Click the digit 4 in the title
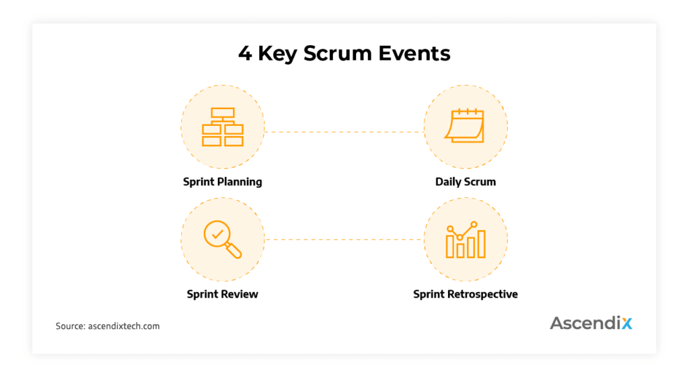click(245, 54)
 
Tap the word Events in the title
click(413, 54)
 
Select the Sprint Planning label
click(222, 182)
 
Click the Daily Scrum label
click(465, 182)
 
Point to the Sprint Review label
click(222, 294)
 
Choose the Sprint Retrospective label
click(465, 294)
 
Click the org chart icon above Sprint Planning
click(222, 127)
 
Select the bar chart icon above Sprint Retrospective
click(465, 240)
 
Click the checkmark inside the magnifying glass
click(217, 234)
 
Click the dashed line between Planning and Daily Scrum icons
click(343, 132)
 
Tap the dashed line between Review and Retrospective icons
click(343, 240)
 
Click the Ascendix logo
click(591, 323)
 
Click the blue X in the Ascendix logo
click(626, 323)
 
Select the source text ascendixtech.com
click(124, 327)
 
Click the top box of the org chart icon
click(222, 113)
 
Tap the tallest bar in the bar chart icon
click(481, 245)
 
